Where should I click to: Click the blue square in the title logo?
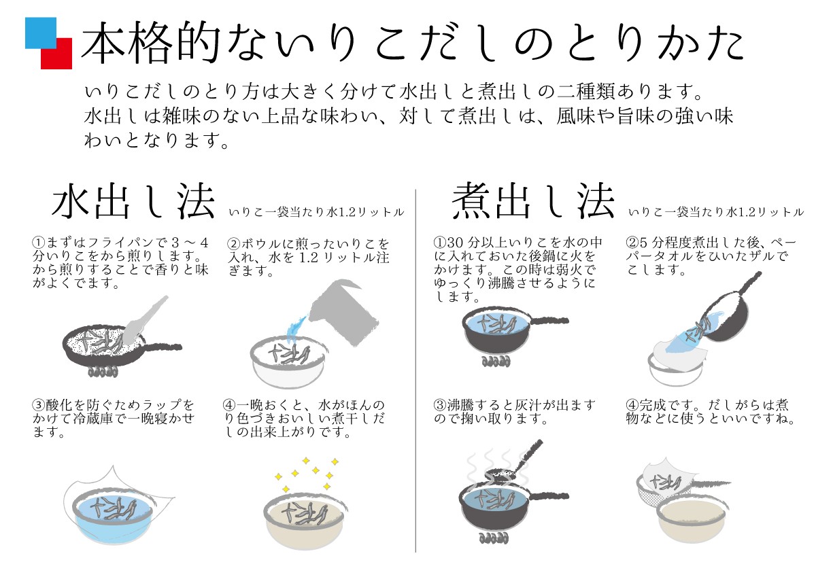(40, 33)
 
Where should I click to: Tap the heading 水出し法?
(133, 201)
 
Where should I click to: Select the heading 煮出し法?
(533, 201)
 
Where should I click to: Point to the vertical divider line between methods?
(415, 370)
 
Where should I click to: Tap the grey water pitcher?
(343, 313)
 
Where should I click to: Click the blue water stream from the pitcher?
(295, 330)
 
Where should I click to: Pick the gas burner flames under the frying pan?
(103, 372)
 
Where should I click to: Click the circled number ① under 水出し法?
(39, 243)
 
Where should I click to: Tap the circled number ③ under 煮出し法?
(440, 405)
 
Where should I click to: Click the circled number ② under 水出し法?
(233, 243)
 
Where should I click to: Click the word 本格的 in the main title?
(151, 41)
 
